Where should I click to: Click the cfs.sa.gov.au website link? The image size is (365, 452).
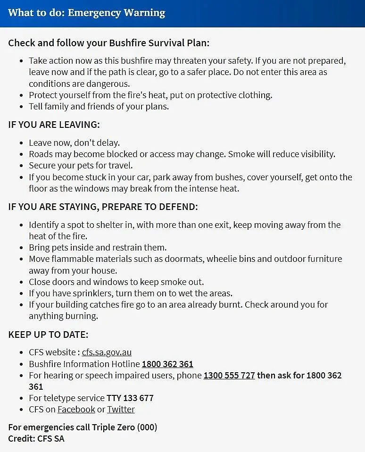pyautogui.click(x=107, y=352)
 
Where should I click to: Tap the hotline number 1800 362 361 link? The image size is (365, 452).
pyautogui.click(x=167, y=364)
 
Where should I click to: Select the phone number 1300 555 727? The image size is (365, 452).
pyautogui.click(x=229, y=376)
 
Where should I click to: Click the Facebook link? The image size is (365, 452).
pyautogui.click(x=76, y=409)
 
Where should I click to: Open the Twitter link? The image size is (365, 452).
pyautogui.click(x=121, y=409)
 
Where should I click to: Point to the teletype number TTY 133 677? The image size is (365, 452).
pyautogui.click(x=130, y=398)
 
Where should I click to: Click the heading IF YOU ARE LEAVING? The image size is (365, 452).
pyautogui.click(x=54, y=125)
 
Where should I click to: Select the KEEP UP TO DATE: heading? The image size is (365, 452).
pyautogui.click(x=48, y=335)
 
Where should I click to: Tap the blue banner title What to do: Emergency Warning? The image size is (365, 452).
pyautogui.click(x=86, y=12)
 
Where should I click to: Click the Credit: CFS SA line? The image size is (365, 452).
pyautogui.click(x=36, y=438)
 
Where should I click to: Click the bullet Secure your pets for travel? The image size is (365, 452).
pyautogui.click(x=81, y=166)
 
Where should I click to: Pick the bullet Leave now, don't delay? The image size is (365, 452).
pyautogui.click(x=74, y=142)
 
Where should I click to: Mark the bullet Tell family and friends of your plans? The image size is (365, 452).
pyautogui.click(x=99, y=106)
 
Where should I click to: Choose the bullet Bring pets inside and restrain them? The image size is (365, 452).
pyautogui.click(x=98, y=247)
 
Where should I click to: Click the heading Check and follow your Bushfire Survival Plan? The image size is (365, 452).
pyautogui.click(x=108, y=42)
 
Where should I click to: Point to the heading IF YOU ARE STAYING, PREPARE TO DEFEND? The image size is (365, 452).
pyautogui.click(x=103, y=207)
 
